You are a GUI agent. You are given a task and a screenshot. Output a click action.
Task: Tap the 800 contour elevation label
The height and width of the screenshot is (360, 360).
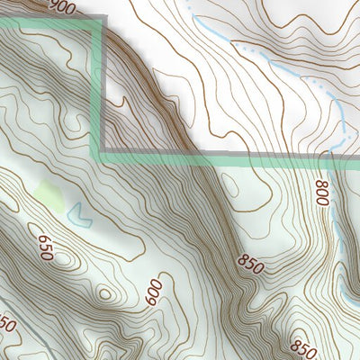tap(321, 193)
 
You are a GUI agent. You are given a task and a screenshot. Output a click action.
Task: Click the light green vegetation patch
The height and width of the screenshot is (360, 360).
tap(50, 195)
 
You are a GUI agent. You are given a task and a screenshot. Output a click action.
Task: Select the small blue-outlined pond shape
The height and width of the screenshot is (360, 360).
tap(82, 215)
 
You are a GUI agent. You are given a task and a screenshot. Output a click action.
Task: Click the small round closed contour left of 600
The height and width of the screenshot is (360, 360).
tap(107, 293)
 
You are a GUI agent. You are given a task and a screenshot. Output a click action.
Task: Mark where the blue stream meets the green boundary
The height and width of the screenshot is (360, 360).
tap(345, 159)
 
